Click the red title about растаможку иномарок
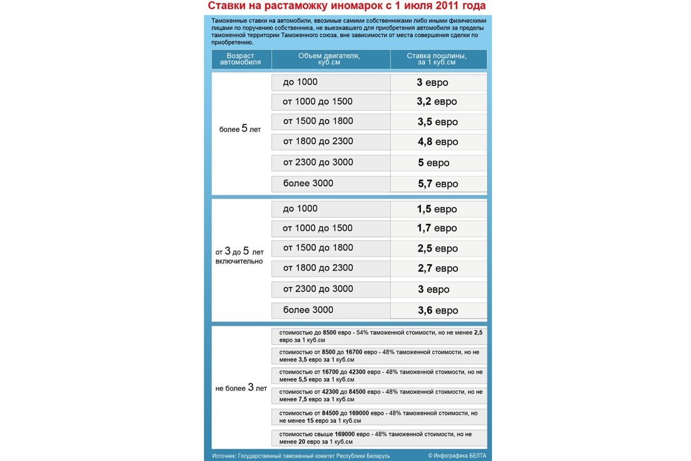coord(346,6)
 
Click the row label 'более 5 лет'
coord(240,129)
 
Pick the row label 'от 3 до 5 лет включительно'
coord(240,255)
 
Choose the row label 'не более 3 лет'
coord(241,388)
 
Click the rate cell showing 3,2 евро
coord(437,102)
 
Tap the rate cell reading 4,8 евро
coord(437,142)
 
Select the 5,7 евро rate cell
coord(437,184)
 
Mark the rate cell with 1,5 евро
coord(437,209)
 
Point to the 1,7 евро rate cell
coord(437,228)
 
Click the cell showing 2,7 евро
coord(437,269)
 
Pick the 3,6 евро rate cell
coord(437,310)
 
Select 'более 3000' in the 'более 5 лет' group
coord(308,184)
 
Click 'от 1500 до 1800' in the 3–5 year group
coord(318,248)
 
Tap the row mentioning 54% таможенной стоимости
coord(381,336)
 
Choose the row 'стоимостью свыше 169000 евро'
coord(375,438)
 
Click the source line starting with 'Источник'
coord(301,455)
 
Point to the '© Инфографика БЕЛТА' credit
coord(457,455)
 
